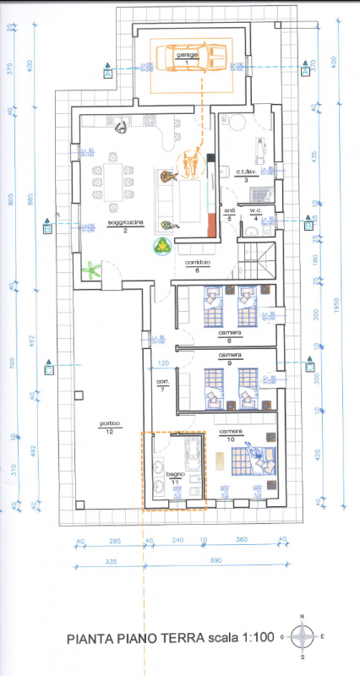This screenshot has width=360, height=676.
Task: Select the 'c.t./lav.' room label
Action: [x=246, y=172]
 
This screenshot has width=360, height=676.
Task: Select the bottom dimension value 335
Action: [x=88, y=560]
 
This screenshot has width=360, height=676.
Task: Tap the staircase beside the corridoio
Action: [x=257, y=258]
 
